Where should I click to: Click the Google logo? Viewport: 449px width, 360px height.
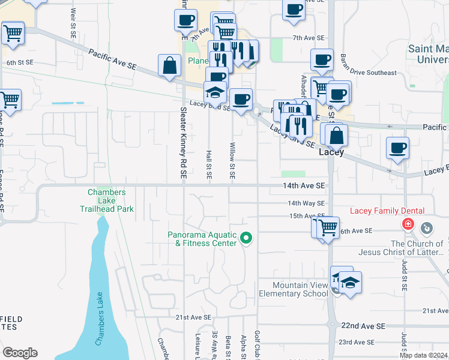click(x=20, y=353)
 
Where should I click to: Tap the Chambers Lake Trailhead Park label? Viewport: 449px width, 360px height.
click(x=107, y=200)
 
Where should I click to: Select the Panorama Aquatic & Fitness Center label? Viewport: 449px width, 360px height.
click(x=203, y=239)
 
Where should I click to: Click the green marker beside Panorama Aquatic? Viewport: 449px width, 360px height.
click(x=246, y=239)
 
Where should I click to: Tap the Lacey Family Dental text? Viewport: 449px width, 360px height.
click(x=387, y=211)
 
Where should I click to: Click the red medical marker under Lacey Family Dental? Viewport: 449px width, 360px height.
click(x=408, y=224)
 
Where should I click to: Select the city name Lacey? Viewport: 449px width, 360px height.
click(x=331, y=152)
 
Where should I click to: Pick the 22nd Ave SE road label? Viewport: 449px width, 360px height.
click(x=362, y=326)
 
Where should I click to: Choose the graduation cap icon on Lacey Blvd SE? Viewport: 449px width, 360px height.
click(x=215, y=93)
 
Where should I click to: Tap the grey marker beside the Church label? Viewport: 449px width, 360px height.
click(x=427, y=228)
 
